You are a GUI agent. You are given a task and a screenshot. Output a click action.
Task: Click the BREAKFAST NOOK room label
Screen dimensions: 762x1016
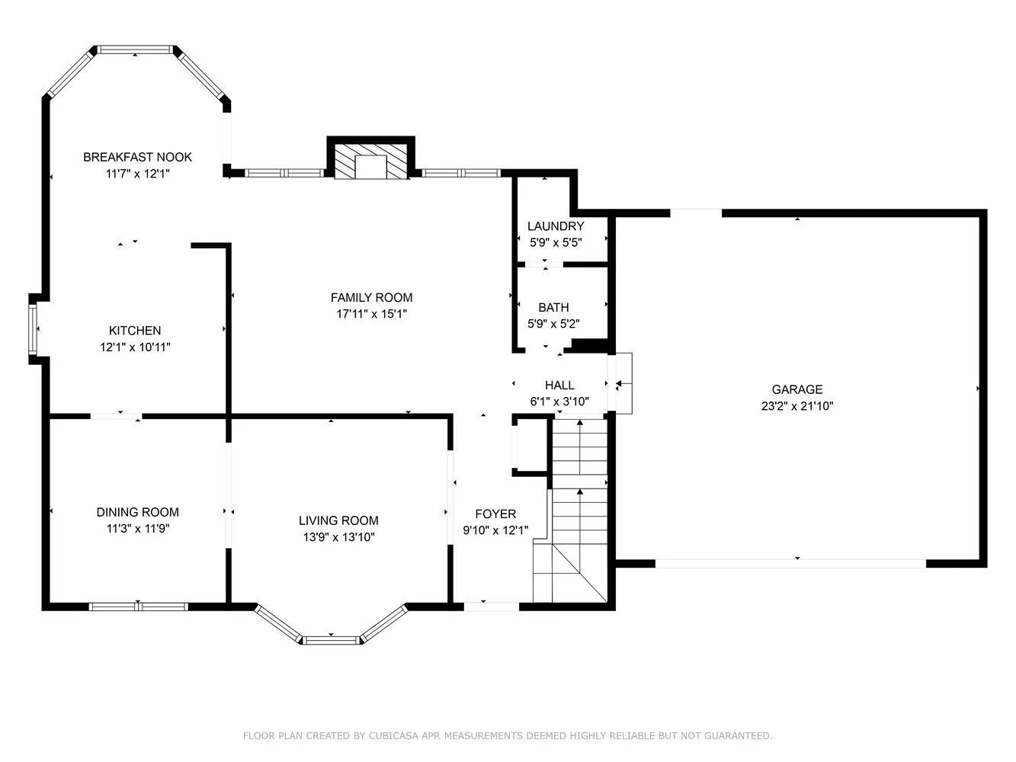tap(137, 157)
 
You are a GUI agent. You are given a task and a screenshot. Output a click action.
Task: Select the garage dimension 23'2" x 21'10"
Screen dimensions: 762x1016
tap(797, 406)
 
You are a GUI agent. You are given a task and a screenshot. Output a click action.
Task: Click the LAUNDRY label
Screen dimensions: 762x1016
tap(556, 226)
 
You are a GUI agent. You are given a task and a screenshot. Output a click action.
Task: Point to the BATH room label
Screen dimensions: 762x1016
tap(553, 308)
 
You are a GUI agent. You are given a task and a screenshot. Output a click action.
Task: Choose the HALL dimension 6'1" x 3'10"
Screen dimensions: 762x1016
tap(559, 402)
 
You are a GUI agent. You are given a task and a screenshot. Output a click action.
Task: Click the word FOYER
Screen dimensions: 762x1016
tap(495, 514)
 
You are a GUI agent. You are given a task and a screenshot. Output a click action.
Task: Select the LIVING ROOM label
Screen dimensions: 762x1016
tap(338, 521)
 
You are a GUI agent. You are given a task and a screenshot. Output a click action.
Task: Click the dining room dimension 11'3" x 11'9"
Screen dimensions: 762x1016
tap(138, 528)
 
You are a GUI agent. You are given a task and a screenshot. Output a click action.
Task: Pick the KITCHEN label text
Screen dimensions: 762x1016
tap(135, 331)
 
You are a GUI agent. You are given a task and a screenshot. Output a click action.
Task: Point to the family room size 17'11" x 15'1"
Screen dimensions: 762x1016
tap(371, 313)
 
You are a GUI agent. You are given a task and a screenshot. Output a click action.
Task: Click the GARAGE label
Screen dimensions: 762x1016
tap(797, 389)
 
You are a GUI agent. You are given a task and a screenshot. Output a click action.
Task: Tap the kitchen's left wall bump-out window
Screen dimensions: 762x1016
tap(33, 329)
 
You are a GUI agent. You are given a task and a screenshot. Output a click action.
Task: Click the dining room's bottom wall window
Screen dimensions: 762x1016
tap(138, 607)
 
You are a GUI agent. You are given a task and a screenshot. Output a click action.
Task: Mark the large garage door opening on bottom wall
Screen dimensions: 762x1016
tap(790, 564)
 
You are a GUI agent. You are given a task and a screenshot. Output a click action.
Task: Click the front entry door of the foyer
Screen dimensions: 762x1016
tap(492, 607)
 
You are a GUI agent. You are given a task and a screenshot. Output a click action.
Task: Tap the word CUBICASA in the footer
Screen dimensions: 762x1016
tap(391, 736)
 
